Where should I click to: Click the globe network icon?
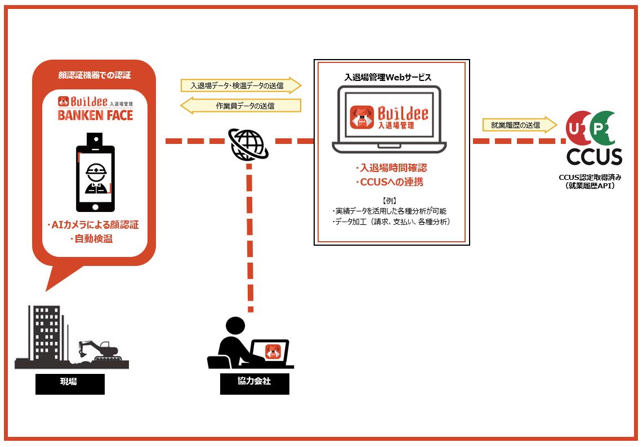click(x=247, y=144)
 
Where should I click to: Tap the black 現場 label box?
click(x=70, y=383)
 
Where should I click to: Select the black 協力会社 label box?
click(x=254, y=383)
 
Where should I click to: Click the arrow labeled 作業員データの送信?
click(x=240, y=105)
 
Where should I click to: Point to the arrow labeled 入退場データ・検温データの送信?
click(x=241, y=85)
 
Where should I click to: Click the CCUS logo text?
click(x=594, y=157)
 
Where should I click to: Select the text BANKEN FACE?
click(x=96, y=115)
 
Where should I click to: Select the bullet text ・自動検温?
click(x=92, y=240)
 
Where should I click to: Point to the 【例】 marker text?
click(x=390, y=200)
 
